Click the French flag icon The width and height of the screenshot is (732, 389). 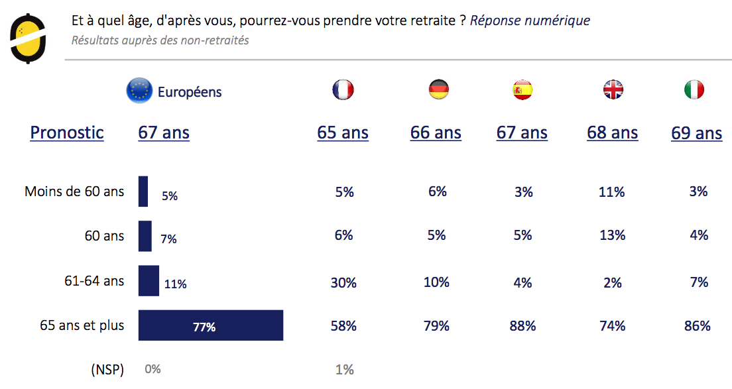pyautogui.click(x=343, y=89)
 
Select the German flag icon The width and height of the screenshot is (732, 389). pyautogui.click(x=438, y=89)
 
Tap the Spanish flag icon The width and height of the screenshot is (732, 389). pyautogui.click(x=522, y=89)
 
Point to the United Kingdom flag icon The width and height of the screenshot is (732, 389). pyautogui.click(x=613, y=89)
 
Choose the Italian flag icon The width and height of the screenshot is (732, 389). pyautogui.click(x=694, y=89)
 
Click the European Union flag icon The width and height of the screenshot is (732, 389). pyautogui.click(x=139, y=91)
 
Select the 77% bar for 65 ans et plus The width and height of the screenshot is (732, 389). pyautogui.click(x=211, y=325)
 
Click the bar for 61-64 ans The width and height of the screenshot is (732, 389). pyautogui.click(x=149, y=281)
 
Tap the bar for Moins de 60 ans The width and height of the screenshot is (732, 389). pyautogui.click(x=143, y=192)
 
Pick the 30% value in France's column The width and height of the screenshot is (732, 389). pyautogui.click(x=343, y=283)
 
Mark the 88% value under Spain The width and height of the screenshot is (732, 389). pyautogui.click(x=522, y=326)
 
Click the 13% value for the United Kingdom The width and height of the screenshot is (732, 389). pyautogui.click(x=612, y=235)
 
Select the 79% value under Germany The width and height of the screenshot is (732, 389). pyautogui.click(x=436, y=326)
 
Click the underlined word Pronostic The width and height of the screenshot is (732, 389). pyautogui.click(x=67, y=133)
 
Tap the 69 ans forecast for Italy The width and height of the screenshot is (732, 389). pyautogui.click(x=696, y=133)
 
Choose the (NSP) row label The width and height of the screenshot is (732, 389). pyautogui.click(x=107, y=370)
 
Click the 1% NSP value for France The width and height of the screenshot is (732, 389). pyautogui.click(x=344, y=370)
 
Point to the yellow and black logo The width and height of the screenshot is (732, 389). pyautogui.click(x=29, y=39)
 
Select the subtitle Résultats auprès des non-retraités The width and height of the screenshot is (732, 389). pyautogui.click(x=160, y=40)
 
